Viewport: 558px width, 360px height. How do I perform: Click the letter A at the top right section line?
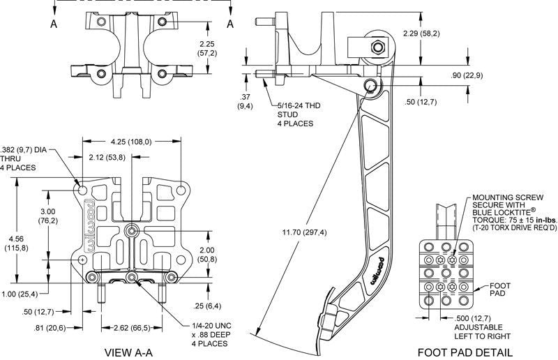click(229, 23)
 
